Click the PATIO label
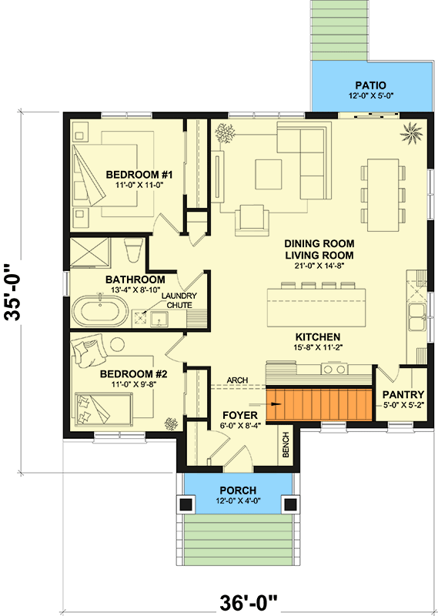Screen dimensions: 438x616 370,85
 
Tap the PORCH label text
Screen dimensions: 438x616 238,490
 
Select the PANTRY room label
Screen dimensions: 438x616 403,394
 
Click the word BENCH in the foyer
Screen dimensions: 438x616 286,445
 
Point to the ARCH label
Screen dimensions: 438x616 237,380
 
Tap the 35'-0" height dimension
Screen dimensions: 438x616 13,293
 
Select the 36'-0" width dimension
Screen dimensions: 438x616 249,603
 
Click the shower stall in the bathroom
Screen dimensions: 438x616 90,253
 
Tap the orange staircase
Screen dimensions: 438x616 319,404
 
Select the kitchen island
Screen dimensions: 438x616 316,307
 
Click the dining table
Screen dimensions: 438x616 383,195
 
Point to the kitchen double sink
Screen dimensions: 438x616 416,316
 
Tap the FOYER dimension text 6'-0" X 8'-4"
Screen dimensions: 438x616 240,425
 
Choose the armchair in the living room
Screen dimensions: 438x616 252,220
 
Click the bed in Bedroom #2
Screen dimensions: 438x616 104,410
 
